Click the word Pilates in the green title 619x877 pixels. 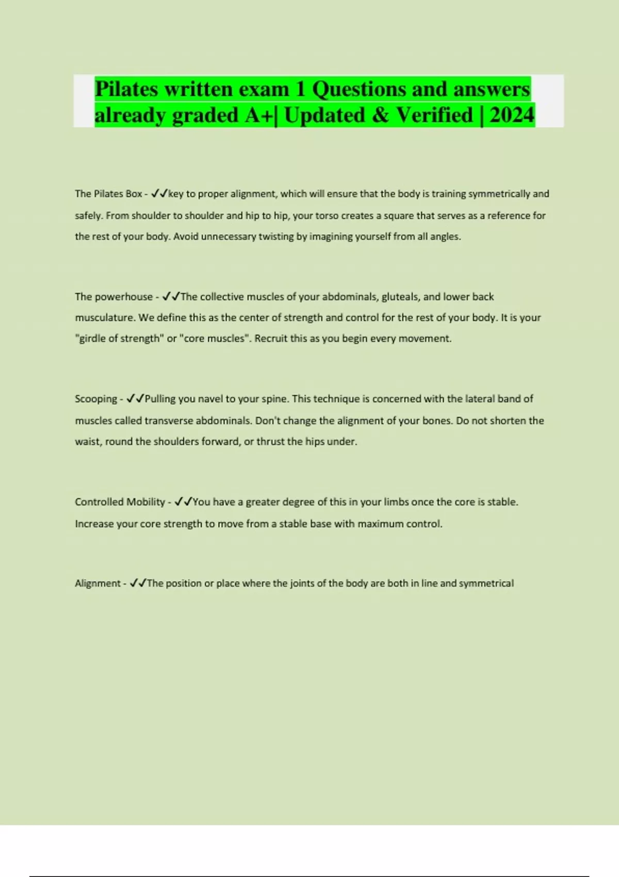pos(126,89)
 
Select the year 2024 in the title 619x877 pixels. pos(512,115)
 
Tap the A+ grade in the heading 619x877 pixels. pos(260,115)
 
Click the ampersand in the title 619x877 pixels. pos(380,115)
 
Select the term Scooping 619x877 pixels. pos(96,399)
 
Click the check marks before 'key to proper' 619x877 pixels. pos(160,194)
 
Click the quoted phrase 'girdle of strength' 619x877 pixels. pos(119,338)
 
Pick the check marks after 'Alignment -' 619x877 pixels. pos(138,583)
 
